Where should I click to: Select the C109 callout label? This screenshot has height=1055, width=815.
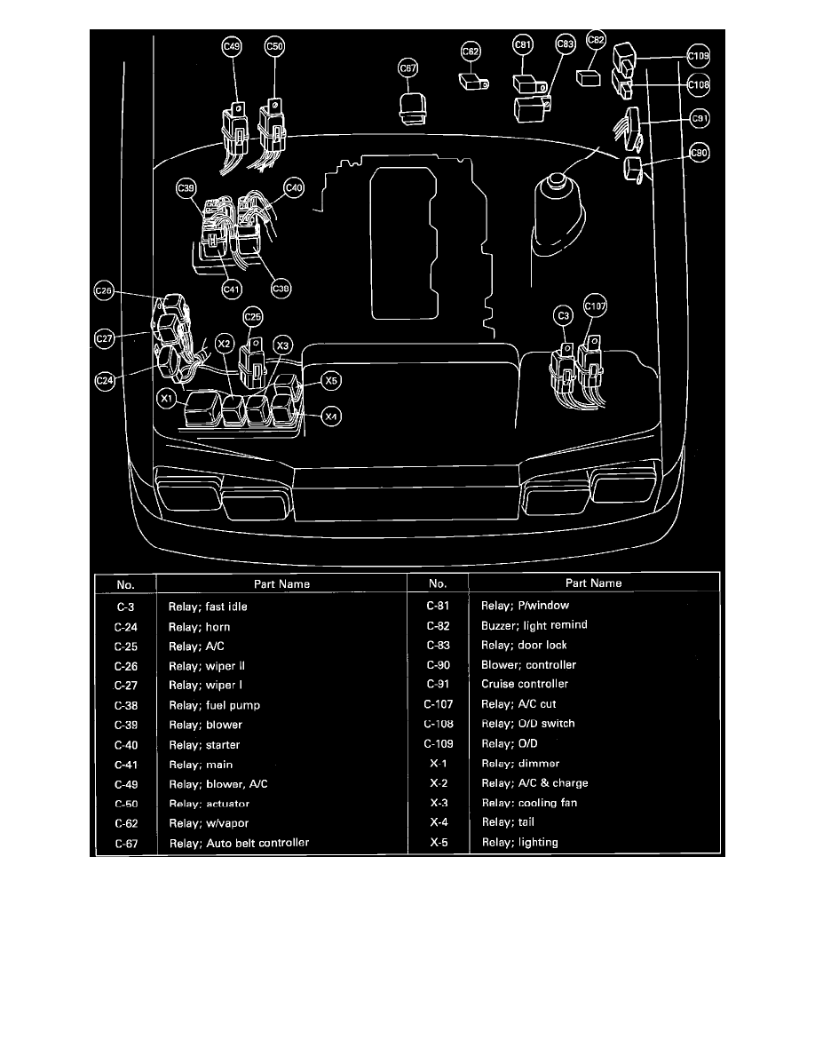[699, 57]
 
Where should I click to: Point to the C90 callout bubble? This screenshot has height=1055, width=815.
[700, 154]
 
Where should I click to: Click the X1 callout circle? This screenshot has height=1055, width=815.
[166, 400]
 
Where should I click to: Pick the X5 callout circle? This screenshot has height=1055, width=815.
[330, 381]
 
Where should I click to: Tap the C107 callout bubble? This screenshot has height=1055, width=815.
[595, 308]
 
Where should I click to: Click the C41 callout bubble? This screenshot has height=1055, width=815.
[231, 288]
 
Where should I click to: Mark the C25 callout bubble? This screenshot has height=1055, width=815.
[253, 316]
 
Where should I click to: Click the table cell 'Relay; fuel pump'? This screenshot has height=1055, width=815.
[214, 705]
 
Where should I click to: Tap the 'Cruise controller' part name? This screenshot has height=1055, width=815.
[525, 684]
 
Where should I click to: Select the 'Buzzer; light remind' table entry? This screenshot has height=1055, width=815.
[534, 625]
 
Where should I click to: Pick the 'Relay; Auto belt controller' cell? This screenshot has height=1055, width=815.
[239, 842]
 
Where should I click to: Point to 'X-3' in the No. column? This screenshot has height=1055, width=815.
[438, 803]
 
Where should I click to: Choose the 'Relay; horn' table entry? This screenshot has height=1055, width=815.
[200, 626]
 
